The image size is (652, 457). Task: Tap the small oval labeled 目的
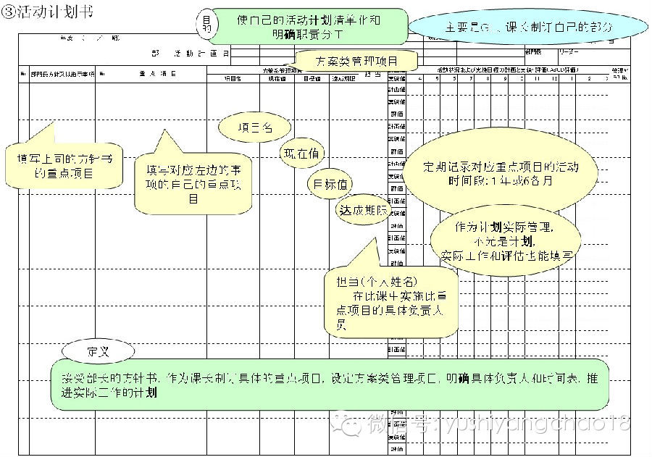(x=206, y=25)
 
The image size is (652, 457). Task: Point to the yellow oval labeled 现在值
(x=303, y=154)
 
